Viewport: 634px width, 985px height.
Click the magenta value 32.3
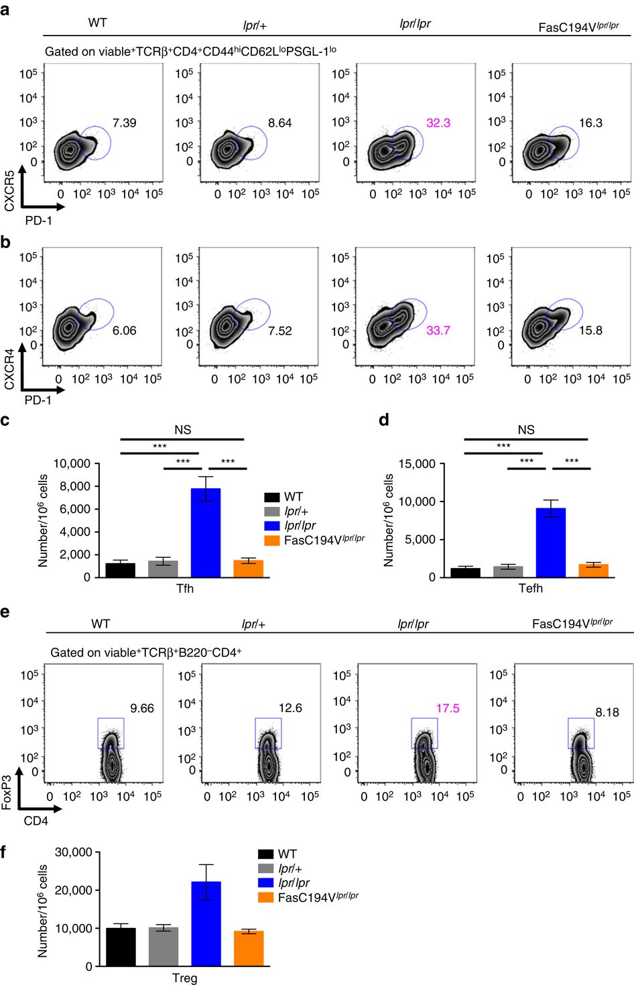click(438, 123)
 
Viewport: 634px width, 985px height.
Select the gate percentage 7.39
click(124, 123)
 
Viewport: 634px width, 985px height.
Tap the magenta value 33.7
click(438, 331)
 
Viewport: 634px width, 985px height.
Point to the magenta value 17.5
click(447, 708)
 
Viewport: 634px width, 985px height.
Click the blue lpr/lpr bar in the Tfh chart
click(206, 533)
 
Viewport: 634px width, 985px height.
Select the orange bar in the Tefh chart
click(593, 570)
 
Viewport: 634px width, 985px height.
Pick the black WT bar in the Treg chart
click(121, 947)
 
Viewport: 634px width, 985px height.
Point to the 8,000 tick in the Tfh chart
click(74, 486)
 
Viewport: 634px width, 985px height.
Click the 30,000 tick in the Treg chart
click(74, 852)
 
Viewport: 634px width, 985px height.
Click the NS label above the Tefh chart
click(526, 429)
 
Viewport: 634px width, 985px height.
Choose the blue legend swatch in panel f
click(265, 883)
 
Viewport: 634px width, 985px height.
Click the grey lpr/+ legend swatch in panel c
click(272, 512)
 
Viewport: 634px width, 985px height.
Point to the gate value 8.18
click(607, 712)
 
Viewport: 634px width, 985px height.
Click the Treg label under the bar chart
click(184, 978)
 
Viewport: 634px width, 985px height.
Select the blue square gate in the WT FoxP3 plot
click(111, 733)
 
